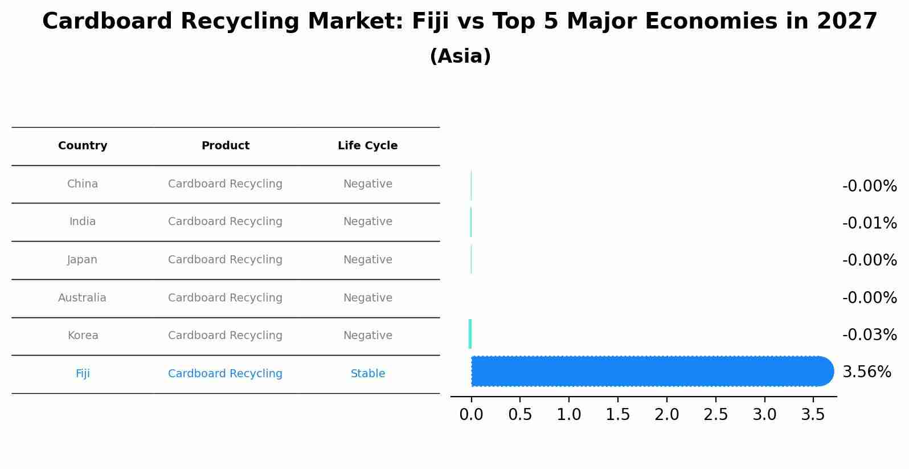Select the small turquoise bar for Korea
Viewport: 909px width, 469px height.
click(x=470, y=334)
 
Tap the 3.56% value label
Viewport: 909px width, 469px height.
click(x=866, y=372)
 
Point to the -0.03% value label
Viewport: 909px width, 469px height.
click(x=869, y=335)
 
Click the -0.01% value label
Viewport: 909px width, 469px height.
click(x=869, y=223)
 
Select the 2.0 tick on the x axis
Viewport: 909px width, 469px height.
click(x=666, y=415)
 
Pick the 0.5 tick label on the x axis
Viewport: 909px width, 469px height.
click(x=520, y=415)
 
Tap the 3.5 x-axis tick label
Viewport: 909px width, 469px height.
click(x=813, y=415)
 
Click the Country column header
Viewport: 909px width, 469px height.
click(x=83, y=146)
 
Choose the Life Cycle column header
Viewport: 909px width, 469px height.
click(x=367, y=146)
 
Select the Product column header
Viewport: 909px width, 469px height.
click(x=225, y=146)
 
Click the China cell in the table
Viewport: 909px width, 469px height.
click(x=83, y=184)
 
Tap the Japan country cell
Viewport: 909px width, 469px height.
click(x=83, y=260)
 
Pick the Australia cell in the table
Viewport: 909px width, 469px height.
click(x=82, y=298)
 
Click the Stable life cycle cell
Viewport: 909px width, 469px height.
click(x=367, y=374)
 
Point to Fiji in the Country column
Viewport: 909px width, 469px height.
click(x=83, y=374)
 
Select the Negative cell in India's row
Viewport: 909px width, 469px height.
click(x=367, y=222)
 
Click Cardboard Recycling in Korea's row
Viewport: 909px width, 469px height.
click(x=225, y=336)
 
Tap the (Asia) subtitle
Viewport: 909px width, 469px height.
click(x=460, y=56)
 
